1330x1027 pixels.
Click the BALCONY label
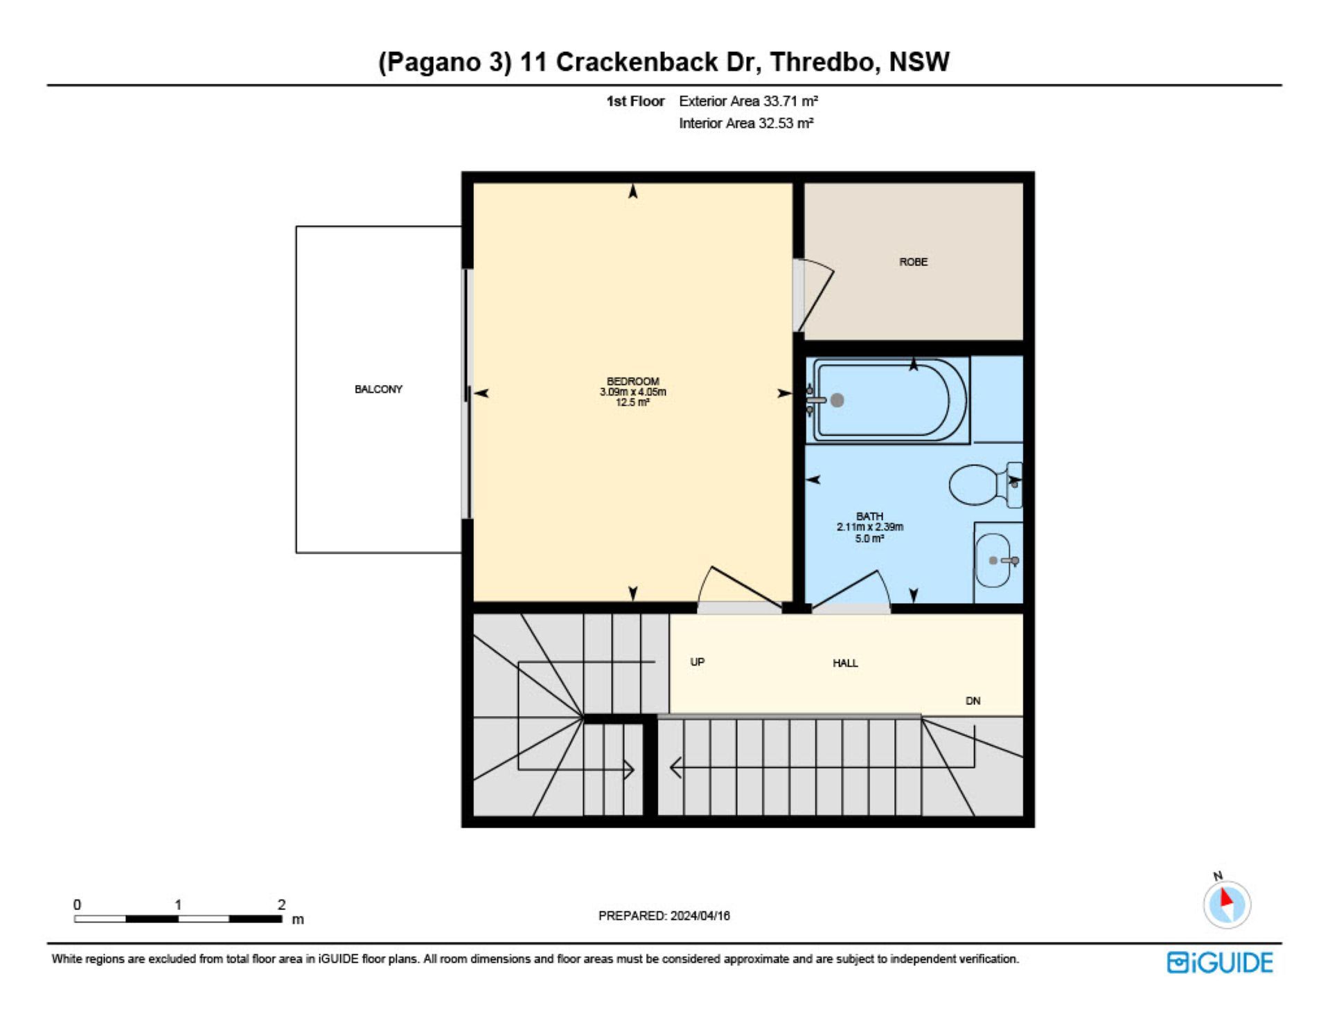coord(378,389)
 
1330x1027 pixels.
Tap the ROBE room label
coord(913,262)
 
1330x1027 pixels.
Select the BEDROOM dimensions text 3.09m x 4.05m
coord(632,392)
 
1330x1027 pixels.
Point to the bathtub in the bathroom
coord(891,399)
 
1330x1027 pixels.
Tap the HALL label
coord(845,663)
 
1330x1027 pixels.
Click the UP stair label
coord(697,662)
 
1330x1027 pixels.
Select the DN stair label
coord(973,701)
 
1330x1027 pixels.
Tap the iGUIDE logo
coord(1220,963)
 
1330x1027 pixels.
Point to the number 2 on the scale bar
coord(281,904)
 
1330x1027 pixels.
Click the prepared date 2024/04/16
coord(700,916)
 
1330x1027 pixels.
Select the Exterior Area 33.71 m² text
coord(748,101)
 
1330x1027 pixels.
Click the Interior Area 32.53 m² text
coord(746,123)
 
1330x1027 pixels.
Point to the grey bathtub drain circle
coord(837,400)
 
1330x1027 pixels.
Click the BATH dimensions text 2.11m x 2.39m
coord(869,527)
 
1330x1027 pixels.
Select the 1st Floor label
coord(635,101)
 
